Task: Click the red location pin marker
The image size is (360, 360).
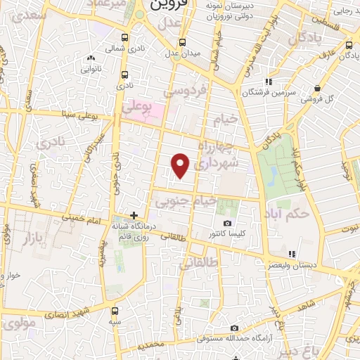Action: (x=181, y=165)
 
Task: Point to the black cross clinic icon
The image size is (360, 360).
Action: (x=134, y=214)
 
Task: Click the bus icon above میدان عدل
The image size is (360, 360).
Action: (x=183, y=41)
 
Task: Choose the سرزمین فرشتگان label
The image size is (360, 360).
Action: (x=266, y=91)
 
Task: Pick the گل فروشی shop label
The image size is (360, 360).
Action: (x=319, y=99)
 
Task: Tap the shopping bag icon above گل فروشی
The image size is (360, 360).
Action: (x=319, y=88)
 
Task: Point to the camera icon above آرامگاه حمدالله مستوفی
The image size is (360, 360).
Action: (x=234, y=328)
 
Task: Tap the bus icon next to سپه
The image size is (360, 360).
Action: (x=115, y=309)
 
